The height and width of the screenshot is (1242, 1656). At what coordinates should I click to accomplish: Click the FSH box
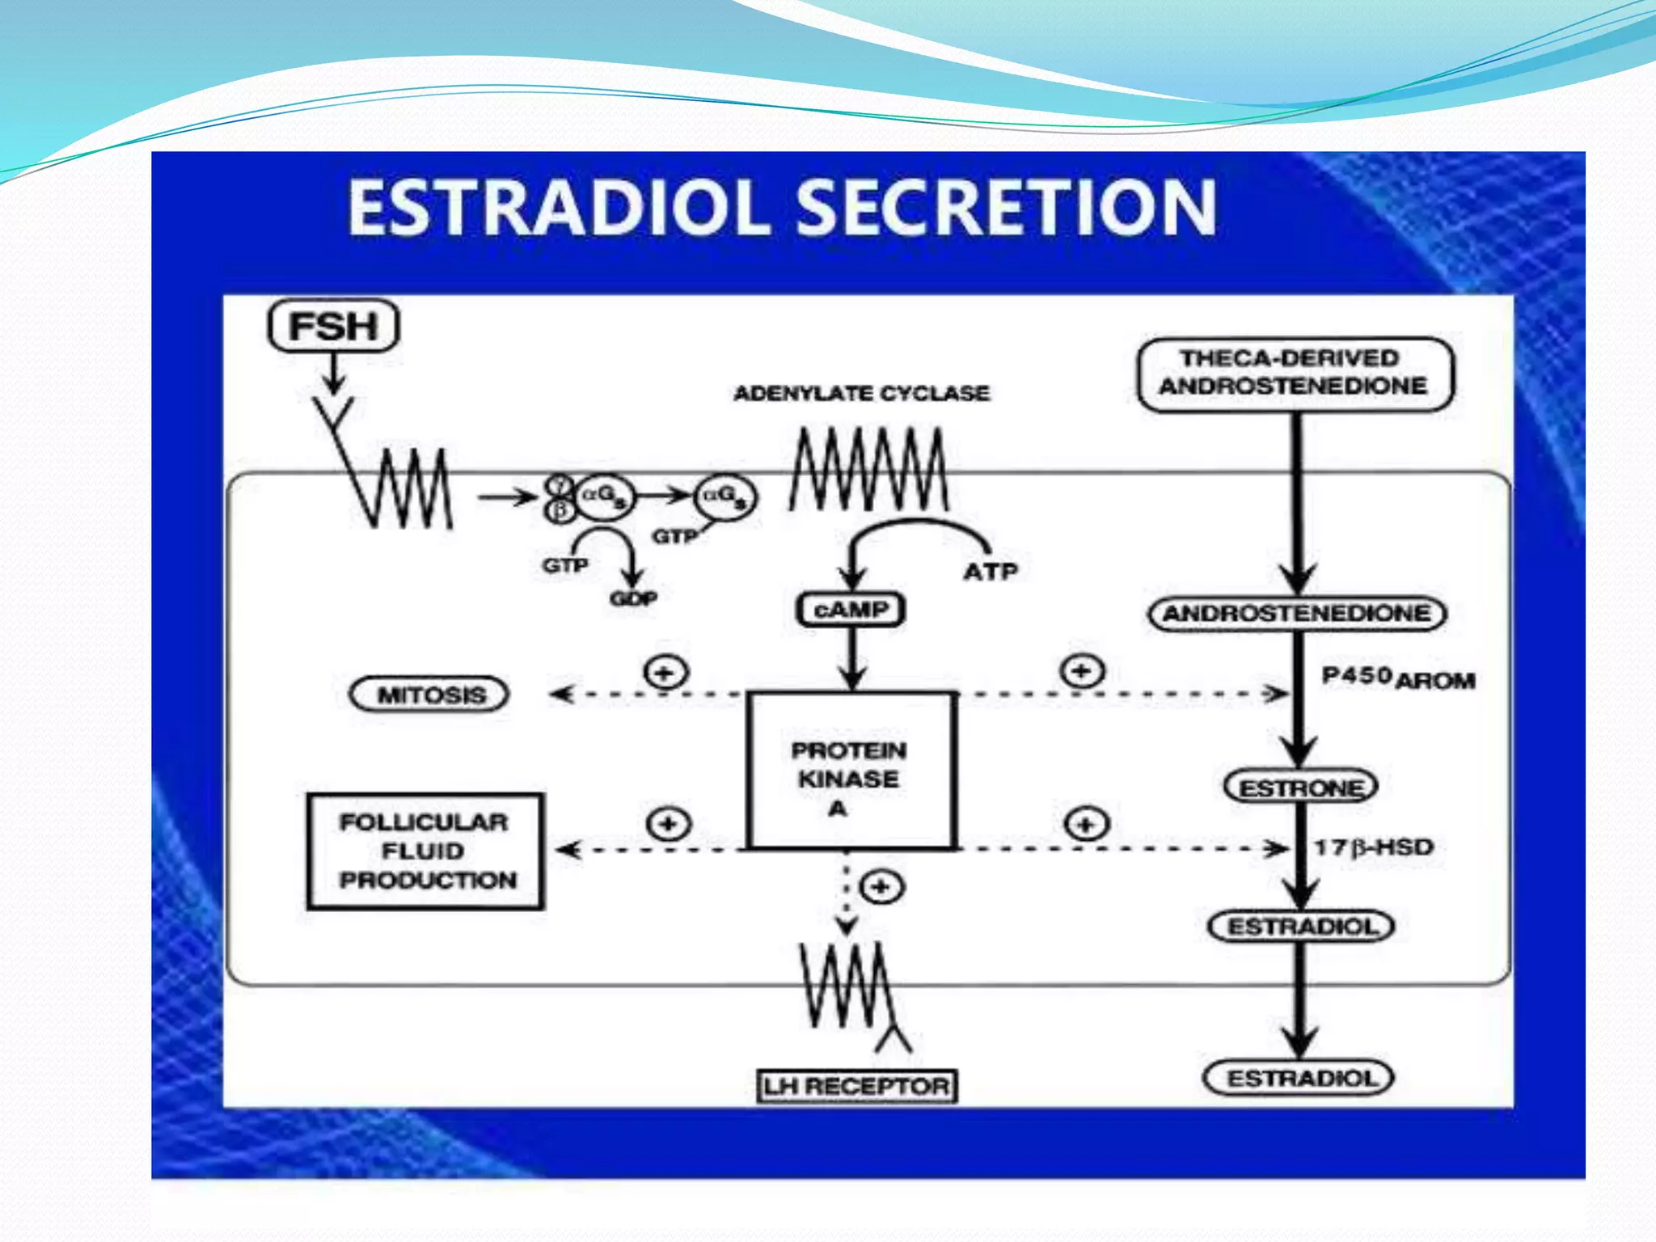[x=332, y=326]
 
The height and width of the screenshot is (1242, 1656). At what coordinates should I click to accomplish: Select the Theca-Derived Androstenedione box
[x=1295, y=374]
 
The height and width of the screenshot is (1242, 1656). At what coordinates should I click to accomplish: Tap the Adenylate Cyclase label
[x=861, y=394]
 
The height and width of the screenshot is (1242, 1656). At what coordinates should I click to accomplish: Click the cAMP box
[x=850, y=610]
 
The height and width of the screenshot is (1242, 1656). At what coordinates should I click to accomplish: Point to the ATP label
[x=991, y=572]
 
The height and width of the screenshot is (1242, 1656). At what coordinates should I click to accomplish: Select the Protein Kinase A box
[x=850, y=771]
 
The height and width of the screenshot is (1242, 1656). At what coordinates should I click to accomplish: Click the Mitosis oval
[x=429, y=695]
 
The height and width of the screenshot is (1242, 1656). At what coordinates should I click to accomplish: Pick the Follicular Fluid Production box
[x=425, y=851]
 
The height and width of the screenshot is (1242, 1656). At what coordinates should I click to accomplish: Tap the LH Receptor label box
[x=856, y=1086]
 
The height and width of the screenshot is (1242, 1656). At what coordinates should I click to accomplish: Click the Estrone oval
[x=1300, y=787]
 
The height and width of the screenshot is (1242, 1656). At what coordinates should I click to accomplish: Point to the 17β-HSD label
[x=1373, y=847]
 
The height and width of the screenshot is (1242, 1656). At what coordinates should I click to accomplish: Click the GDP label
[x=633, y=599]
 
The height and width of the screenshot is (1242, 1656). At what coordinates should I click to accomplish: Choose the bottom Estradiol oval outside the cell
[x=1299, y=1078]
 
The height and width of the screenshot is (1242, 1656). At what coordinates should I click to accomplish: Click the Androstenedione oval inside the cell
[x=1297, y=613]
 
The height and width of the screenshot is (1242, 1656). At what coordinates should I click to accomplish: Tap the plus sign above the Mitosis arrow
[x=665, y=672]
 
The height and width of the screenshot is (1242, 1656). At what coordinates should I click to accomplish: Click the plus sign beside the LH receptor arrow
[x=881, y=887]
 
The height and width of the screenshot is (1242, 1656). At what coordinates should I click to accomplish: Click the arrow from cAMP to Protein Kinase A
[x=851, y=659]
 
